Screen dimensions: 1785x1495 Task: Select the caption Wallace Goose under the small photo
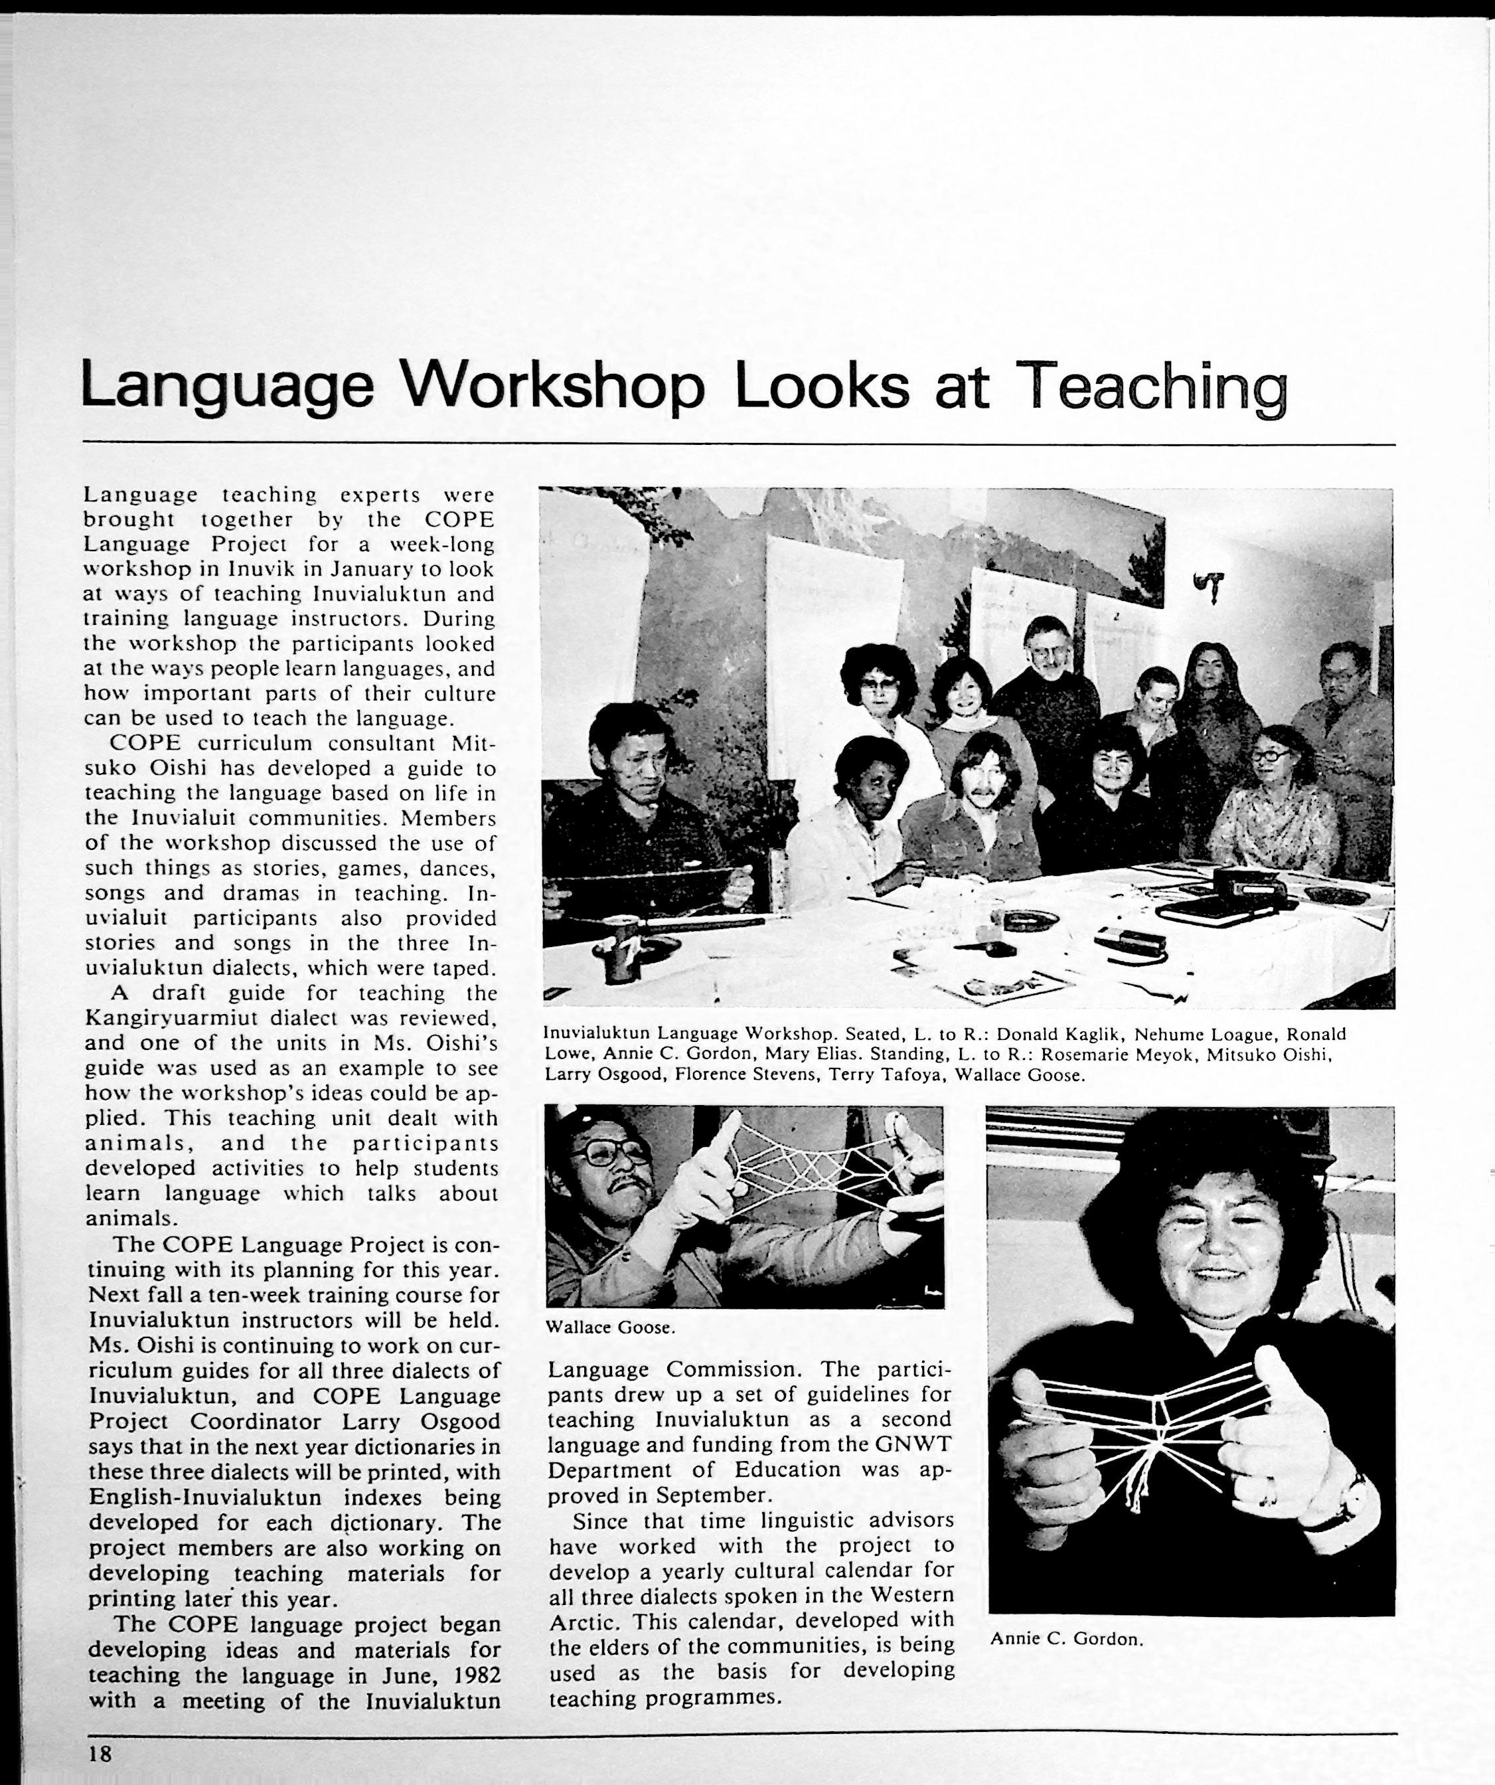click(610, 1327)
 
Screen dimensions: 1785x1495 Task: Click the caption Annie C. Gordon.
click(1067, 1638)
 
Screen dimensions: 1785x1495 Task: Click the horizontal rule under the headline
click(740, 444)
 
